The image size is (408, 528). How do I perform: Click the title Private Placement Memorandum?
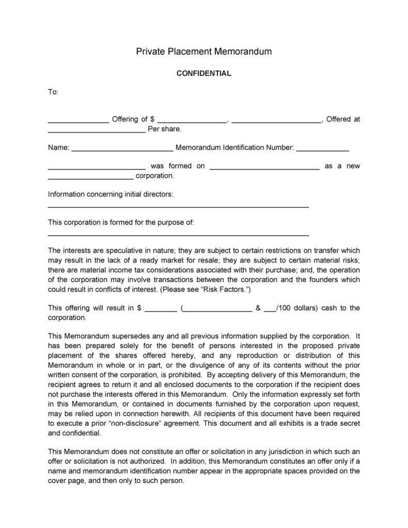[x=203, y=51]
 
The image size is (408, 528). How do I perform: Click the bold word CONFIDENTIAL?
[x=203, y=73]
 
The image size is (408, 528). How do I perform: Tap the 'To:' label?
[x=53, y=92]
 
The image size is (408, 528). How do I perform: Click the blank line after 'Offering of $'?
[x=192, y=121]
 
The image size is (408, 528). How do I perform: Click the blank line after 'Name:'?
[x=122, y=150]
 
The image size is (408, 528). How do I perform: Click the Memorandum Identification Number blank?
[x=323, y=150]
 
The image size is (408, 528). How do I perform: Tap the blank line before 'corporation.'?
[x=90, y=178]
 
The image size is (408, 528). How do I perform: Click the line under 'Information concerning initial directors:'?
[x=178, y=206]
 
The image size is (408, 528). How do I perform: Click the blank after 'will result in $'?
[x=161, y=310]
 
